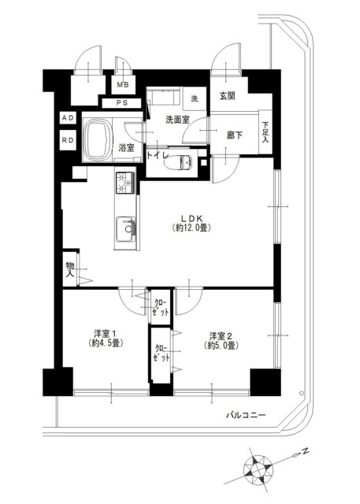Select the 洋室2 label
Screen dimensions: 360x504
[x=221, y=336]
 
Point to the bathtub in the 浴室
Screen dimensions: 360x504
[x=98, y=139]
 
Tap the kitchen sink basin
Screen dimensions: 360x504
[x=126, y=229]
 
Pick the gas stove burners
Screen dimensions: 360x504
[x=125, y=183]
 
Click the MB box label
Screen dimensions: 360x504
[x=123, y=85]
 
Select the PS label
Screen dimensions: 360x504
[x=121, y=103]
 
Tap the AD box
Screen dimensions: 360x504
[x=69, y=118]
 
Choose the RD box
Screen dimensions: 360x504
[x=69, y=140]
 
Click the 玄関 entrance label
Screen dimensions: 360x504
[x=227, y=96]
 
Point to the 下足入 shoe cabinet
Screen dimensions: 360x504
[x=265, y=132]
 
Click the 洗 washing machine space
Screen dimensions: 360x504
[x=195, y=98]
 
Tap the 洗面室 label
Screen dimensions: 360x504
[x=177, y=120]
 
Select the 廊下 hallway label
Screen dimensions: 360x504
[x=234, y=135]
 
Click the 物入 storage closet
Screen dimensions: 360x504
[x=70, y=269]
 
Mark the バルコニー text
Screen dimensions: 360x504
[x=246, y=415]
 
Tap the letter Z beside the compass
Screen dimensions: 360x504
[x=306, y=451]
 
